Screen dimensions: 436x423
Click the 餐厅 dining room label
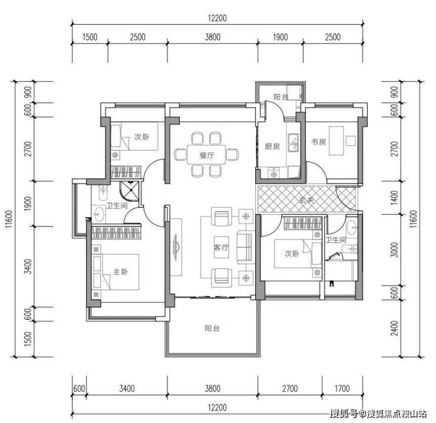click(207, 155)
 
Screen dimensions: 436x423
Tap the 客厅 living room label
click(222, 247)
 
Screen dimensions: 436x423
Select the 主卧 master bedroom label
click(121, 271)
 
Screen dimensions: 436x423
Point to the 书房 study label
click(318, 142)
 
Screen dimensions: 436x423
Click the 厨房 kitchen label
click(272, 146)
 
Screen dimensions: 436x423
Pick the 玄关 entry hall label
click(306, 199)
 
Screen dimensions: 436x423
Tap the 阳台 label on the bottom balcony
click(212, 328)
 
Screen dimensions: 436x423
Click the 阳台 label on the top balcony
click(281, 96)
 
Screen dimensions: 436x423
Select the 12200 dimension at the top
click(217, 18)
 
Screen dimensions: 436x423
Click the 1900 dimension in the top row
click(280, 37)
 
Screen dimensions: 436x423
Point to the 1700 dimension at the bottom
click(342, 388)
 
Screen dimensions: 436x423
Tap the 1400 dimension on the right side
click(395, 198)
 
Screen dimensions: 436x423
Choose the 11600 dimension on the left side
click(9, 219)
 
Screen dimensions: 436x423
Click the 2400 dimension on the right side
click(395, 328)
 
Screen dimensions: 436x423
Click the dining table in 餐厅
click(206, 154)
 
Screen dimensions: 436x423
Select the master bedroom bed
click(115, 272)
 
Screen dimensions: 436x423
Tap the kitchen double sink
click(293, 142)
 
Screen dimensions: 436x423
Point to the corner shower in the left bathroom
click(129, 191)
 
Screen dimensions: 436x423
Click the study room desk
click(336, 141)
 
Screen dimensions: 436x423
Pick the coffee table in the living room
click(222, 247)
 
